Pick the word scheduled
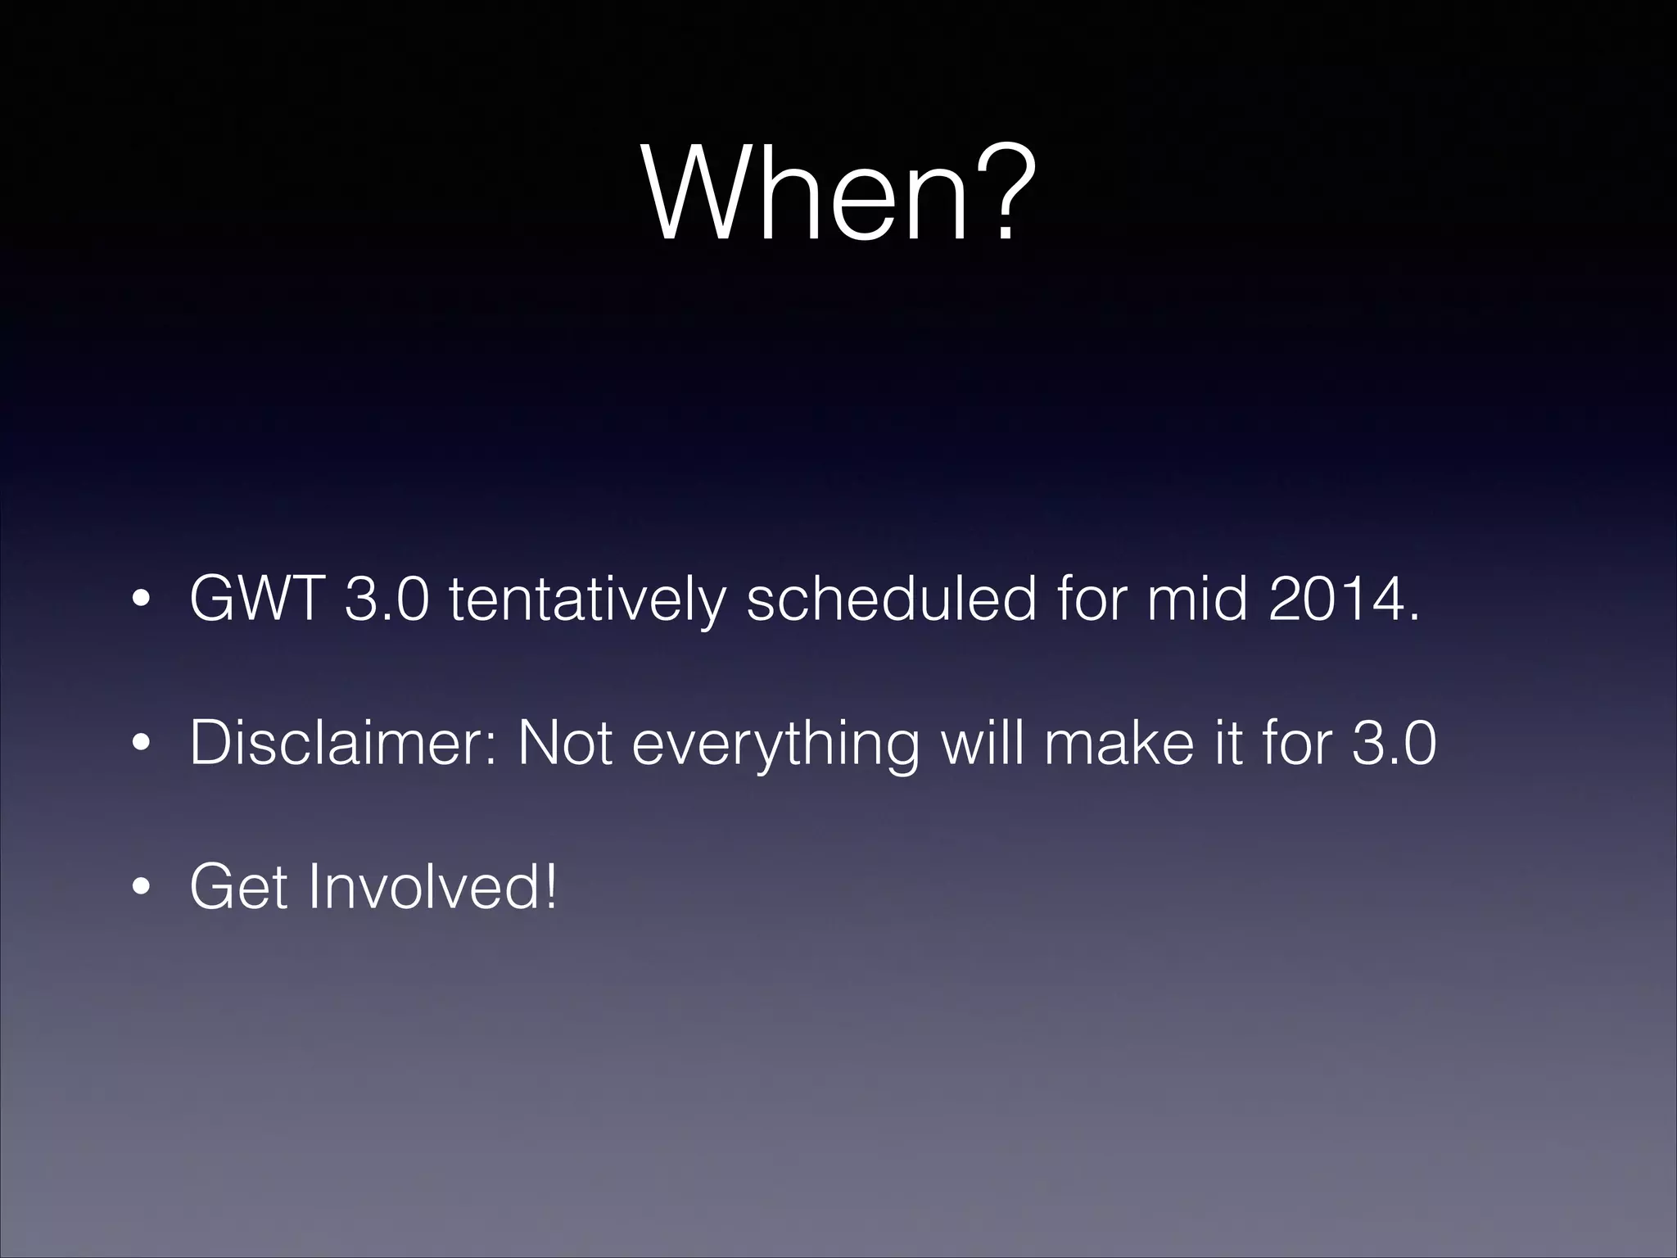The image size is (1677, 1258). point(892,599)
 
